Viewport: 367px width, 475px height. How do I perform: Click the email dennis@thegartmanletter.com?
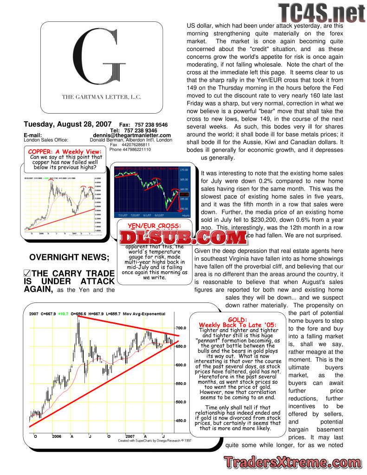[x=132, y=135]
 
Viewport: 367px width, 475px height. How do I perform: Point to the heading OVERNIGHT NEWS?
[x=69, y=258]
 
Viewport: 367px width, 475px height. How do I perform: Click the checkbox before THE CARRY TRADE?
[x=27, y=274]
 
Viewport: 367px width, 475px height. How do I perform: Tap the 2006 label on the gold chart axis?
[x=56, y=436]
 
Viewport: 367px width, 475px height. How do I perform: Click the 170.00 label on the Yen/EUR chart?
[x=185, y=170]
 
